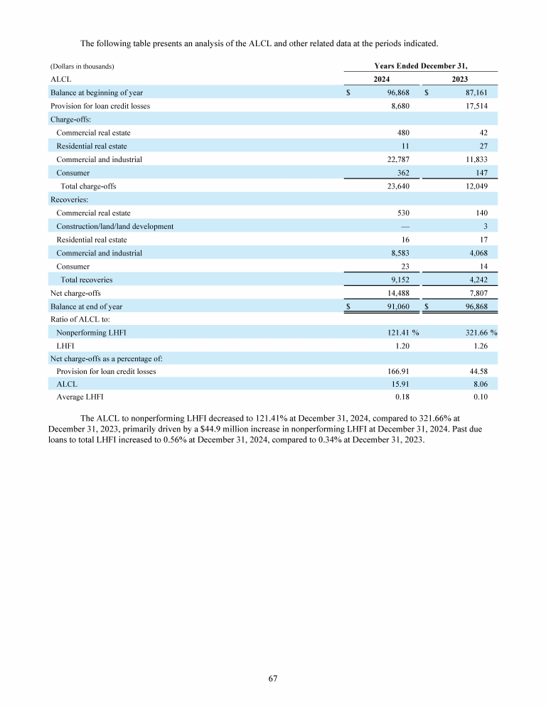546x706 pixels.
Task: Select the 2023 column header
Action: pyautogui.click(x=459, y=80)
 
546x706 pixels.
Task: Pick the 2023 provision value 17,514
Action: pyautogui.click(x=473, y=106)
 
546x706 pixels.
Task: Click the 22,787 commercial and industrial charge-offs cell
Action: pyautogui.click(x=395, y=159)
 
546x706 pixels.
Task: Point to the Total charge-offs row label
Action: pyautogui.click(x=88, y=186)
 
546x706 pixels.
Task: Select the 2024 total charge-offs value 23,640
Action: pyautogui.click(x=395, y=186)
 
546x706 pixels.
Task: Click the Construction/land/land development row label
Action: pyautogui.click(x=114, y=226)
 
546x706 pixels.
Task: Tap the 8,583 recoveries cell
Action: pyautogui.click(x=397, y=253)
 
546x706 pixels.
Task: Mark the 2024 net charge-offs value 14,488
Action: pyautogui.click(x=395, y=293)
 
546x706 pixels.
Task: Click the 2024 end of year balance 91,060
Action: pyautogui.click(x=395, y=306)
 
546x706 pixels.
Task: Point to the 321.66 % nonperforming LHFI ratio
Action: pyautogui.click(x=473, y=333)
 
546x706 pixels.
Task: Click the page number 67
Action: pyautogui.click(x=273, y=678)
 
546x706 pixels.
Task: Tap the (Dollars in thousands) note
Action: pyautogui.click(x=82, y=67)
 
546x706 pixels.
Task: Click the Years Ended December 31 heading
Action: pyautogui.click(x=420, y=66)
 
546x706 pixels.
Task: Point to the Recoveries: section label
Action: pyautogui.click(x=69, y=200)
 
